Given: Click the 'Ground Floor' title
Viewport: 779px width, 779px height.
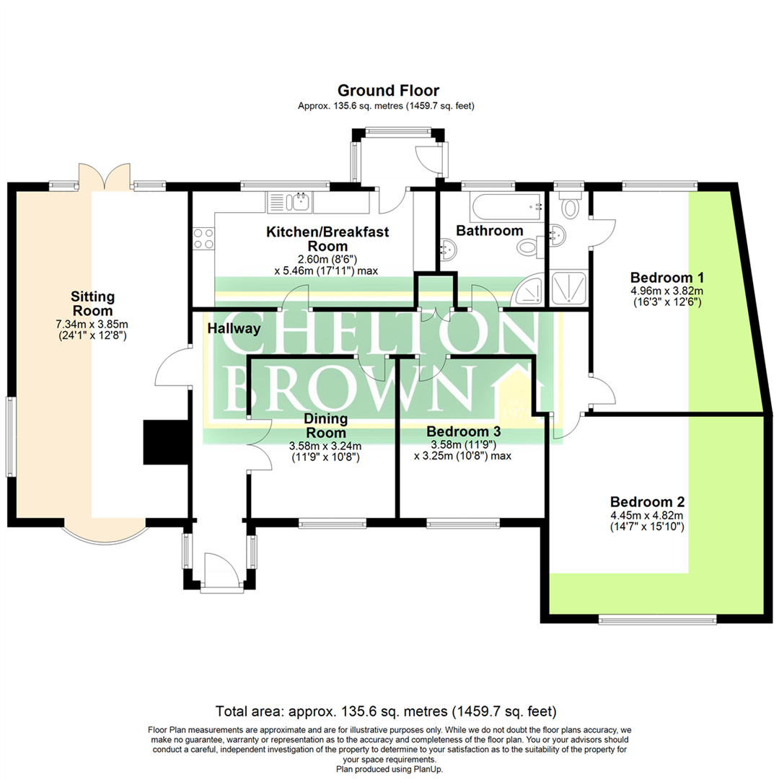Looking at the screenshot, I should coord(389,90).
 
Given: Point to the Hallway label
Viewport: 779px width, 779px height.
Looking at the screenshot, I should coord(234,328).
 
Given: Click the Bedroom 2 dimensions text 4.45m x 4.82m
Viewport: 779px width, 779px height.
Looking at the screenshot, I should coord(647,515).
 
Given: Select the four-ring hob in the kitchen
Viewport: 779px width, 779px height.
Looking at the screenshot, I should coord(203,238).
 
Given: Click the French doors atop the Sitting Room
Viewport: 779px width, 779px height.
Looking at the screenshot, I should coord(103,177).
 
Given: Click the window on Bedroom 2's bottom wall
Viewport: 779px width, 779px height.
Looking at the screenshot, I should coord(657,619).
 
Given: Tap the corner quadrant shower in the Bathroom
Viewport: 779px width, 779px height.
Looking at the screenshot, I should coord(530,290).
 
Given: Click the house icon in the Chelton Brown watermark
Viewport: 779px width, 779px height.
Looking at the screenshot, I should coord(517,393).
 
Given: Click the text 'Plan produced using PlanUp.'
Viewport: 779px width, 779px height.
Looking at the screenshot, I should coord(389,769).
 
